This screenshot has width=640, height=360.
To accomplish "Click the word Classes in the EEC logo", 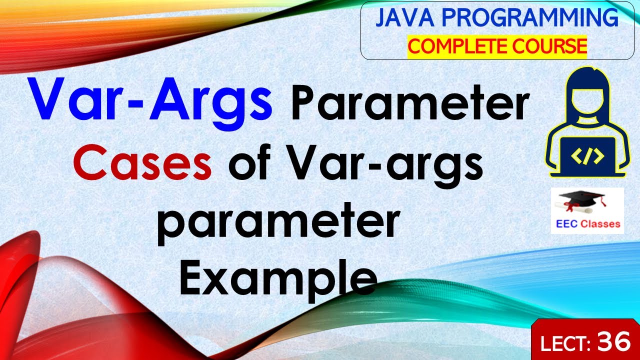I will point(600,224).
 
